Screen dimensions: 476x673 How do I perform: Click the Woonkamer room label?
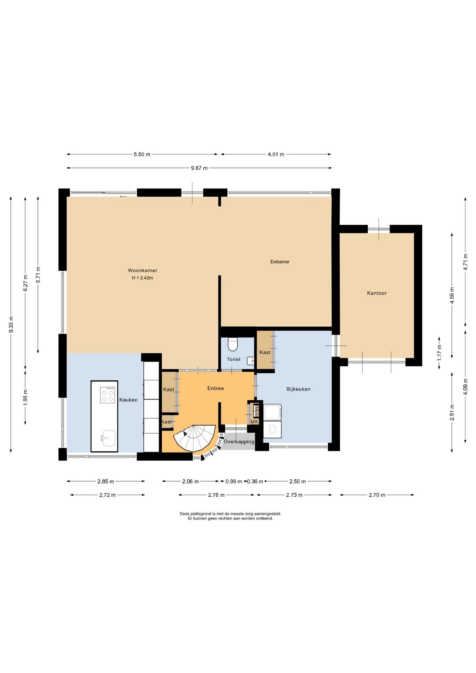(x=142, y=270)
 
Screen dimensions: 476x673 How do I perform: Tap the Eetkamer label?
(x=280, y=261)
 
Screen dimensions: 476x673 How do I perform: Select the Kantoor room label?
(x=377, y=293)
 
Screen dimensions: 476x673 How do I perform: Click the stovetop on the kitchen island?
(x=108, y=395)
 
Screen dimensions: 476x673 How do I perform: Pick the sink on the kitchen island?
(x=109, y=438)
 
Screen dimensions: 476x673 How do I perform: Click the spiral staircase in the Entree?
(x=195, y=438)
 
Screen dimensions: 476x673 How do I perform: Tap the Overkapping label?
(x=239, y=442)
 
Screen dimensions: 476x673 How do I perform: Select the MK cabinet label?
(x=254, y=422)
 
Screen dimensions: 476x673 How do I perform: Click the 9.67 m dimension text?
(x=199, y=168)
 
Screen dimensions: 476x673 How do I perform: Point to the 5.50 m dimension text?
(x=142, y=154)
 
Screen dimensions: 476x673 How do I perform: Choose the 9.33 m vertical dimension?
(x=11, y=325)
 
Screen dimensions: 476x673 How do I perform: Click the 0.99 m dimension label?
(x=234, y=482)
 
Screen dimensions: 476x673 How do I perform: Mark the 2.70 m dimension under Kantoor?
(x=377, y=495)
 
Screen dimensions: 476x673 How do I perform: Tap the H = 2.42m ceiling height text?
(x=142, y=278)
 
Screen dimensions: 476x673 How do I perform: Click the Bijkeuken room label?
(x=298, y=389)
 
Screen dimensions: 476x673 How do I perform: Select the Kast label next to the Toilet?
(x=265, y=352)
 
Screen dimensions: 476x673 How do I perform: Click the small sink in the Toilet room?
(x=251, y=361)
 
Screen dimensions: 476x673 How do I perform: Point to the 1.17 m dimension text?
(x=439, y=353)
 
